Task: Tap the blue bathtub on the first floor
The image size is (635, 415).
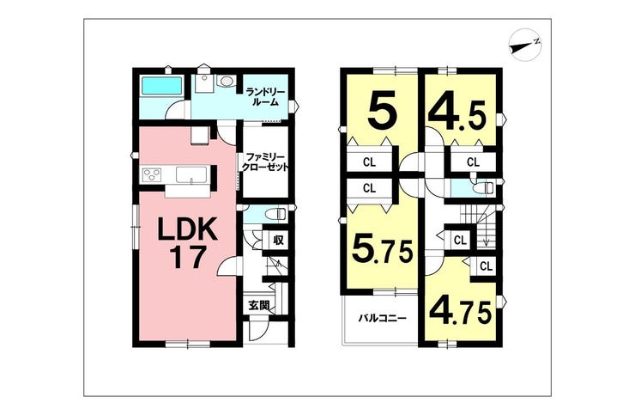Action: pyautogui.click(x=160, y=87)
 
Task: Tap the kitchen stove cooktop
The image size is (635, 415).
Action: pyautogui.click(x=151, y=175)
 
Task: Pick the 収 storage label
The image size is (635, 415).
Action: pyautogui.click(x=279, y=241)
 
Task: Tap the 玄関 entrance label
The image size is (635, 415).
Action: pyautogui.click(x=260, y=305)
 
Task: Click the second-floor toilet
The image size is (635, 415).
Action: pyautogui.click(x=483, y=187)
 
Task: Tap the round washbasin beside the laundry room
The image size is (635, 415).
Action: pyautogui.click(x=226, y=82)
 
